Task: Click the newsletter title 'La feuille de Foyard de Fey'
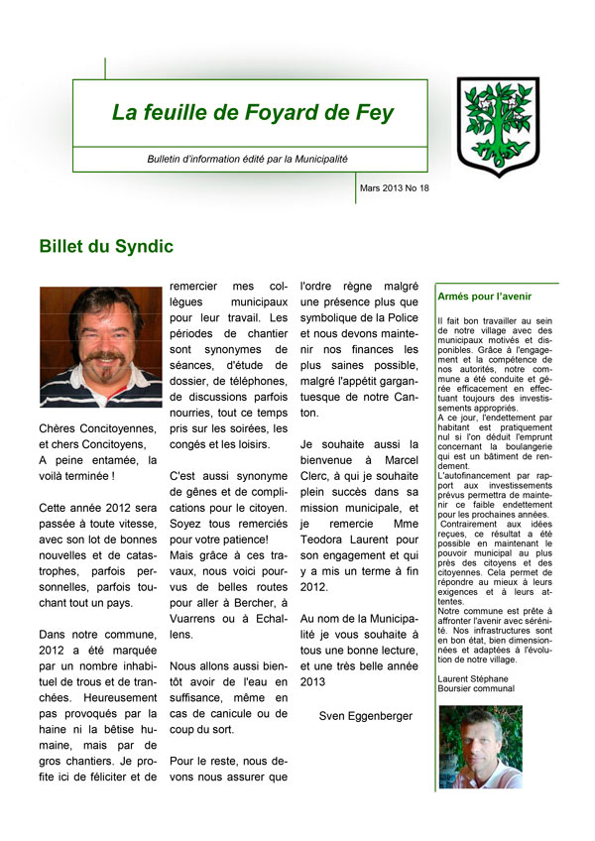pos(252,113)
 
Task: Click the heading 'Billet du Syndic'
pos(106,246)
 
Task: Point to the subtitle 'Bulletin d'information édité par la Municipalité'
pos(247,159)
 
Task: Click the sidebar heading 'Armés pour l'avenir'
pos(484,296)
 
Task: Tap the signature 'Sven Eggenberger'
pos(364,714)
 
